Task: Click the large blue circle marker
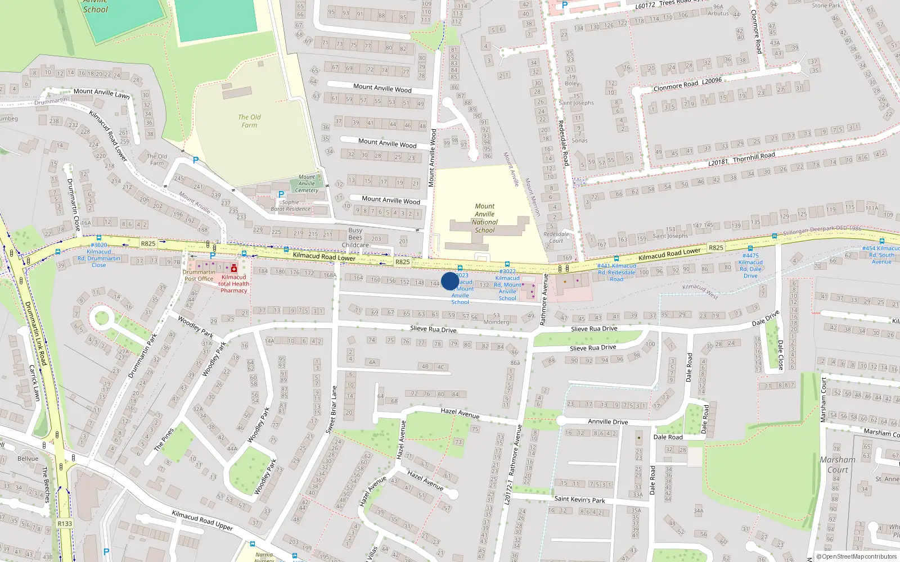(449, 281)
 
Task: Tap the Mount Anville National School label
(484, 218)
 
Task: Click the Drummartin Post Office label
(199, 275)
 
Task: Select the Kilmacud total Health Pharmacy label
(233, 284)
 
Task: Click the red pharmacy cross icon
(234, 269)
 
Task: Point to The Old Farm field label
(249, 121)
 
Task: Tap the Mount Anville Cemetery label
(307, 183)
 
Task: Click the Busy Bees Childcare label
(355, 237)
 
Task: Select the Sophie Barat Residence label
(291, 206)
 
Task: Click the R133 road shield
(65, 523)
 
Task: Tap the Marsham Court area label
(838, 464)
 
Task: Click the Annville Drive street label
(607, 422)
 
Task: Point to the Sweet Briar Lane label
(331, 409)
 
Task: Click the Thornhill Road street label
(754, 157)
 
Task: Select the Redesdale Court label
(556, 237)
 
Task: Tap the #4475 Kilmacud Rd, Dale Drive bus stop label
(750, 265)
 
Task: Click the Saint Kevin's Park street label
(579, 499)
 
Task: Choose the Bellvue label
(28, 459)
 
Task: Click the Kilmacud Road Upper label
(202, 520)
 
